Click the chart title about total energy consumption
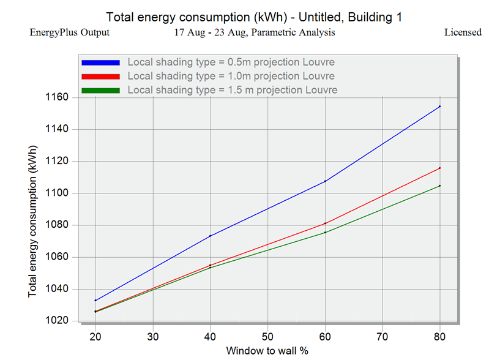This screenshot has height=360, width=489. [x=254, y=17]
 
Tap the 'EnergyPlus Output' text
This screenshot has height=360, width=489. [x=70, y=32]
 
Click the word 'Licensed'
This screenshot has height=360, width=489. [x=463, y=32]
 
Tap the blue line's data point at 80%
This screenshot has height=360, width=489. [x=439, y=107]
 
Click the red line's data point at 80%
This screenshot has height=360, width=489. [x=439, y=168]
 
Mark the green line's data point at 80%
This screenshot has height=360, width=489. [x=439, y=186]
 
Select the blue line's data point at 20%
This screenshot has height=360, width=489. [x=95, y=301]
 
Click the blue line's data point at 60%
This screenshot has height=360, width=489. [x=325, y=181]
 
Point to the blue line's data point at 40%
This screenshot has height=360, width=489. [x=210, y=236]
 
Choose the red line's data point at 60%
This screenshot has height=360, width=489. [x=325, y=223]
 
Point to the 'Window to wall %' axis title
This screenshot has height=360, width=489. [x=267, y=351]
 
